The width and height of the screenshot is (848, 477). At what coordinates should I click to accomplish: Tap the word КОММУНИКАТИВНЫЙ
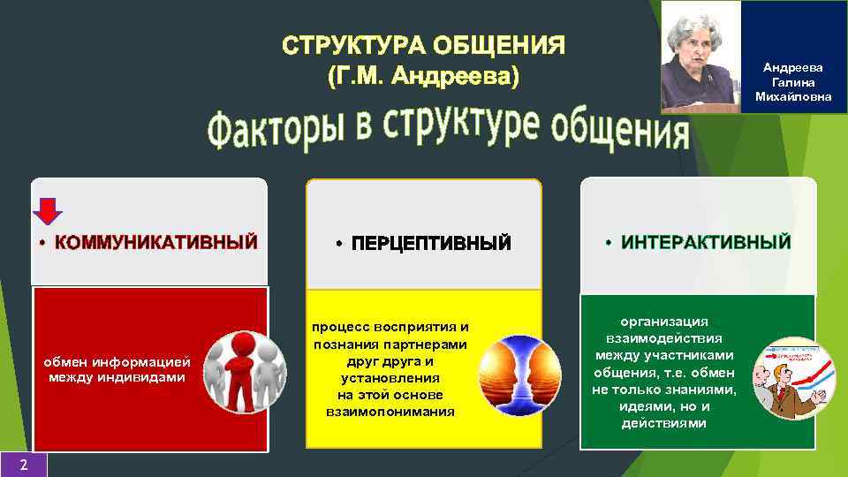[x=155, y=242]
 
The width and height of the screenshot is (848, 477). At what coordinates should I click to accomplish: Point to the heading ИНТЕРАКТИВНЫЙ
[x=706, y=242]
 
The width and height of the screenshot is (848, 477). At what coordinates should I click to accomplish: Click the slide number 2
[x=23, y=465]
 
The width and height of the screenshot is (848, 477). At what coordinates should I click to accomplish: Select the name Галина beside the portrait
[x=792, y=81]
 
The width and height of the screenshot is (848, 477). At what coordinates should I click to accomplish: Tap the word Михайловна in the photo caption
[x=792, y=95]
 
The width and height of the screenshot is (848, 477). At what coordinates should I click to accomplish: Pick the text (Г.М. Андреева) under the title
[x=423, y=77]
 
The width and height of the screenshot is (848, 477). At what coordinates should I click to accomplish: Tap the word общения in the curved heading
[x=619, y=132]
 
